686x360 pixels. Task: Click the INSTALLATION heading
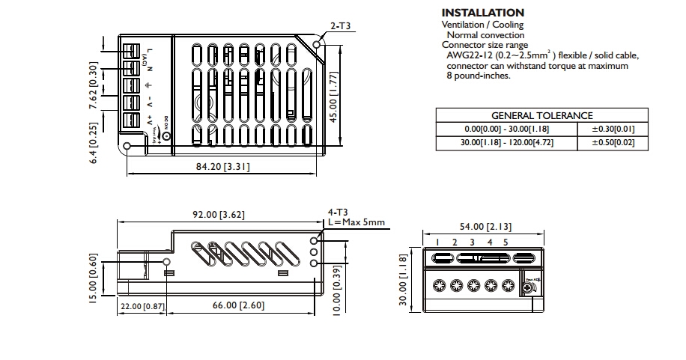tap(482, 13)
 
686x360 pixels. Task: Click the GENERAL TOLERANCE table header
tap(541, 115)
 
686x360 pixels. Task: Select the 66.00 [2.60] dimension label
tap(238, 305)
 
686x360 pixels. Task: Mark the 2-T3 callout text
tap(341, 27)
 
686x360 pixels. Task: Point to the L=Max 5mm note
tap(356, 222)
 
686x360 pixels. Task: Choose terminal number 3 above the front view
tap(472, 242)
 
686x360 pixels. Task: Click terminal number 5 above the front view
tap(506, 242)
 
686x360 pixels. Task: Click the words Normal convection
tap(485, 34)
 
